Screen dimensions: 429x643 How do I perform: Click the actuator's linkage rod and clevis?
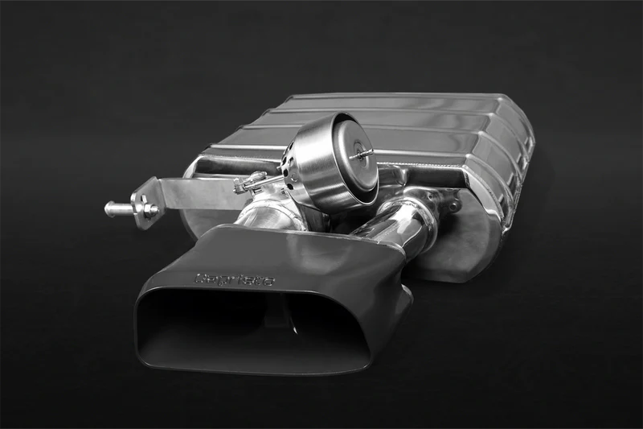pyautogui.click(x=249, y=183)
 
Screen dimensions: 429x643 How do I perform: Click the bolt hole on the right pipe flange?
pyautogui.click(x=455, y=206)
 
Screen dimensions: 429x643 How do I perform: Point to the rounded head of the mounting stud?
pyautogui.click(x=109, y=208)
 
